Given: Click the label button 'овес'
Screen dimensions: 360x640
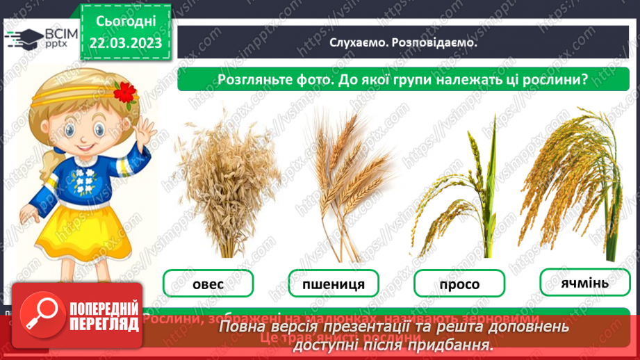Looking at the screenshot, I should [x=208, y=283].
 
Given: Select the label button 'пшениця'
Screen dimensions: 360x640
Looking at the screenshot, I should [x=334, y=284].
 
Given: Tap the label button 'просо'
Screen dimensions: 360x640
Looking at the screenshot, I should [x=459, y=284].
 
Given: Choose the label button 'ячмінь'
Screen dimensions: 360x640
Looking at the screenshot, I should [x=584, y=283].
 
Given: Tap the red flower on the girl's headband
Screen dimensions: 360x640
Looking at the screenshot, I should [x=125, y=91].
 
